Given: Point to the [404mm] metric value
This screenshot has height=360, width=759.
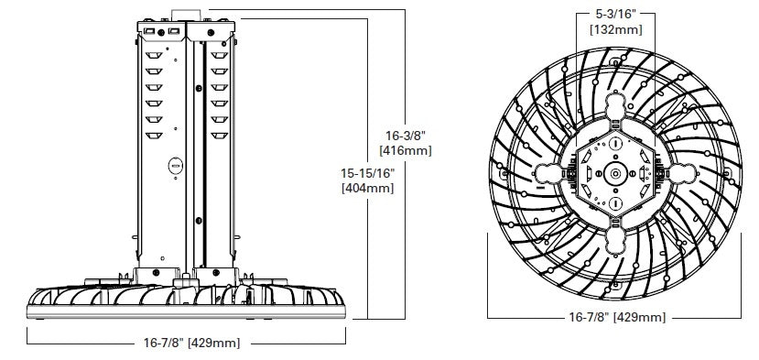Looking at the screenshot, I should click(x=367, y=189).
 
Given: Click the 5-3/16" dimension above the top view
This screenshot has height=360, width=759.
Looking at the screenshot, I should click(x=615, y=15).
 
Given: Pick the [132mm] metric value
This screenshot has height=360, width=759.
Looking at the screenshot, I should click(x=615, y=29).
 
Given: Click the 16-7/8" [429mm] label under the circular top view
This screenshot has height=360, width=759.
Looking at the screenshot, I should click(x=615, y=317).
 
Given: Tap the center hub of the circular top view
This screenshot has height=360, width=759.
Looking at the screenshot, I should click(x=615, y=173).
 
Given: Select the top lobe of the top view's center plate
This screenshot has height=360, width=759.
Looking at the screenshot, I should click(x=615, y=114).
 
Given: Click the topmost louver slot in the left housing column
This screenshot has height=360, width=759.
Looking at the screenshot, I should click(x=155, y=54).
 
